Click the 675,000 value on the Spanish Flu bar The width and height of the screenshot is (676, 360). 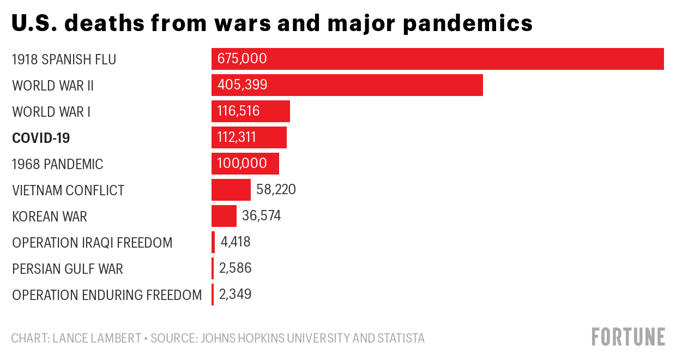pyautogui.click(x=242, y=59)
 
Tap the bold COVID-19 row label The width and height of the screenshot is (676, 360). pyautogui.click(x=41, y=138)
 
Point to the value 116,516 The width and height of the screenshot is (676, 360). pyautogui.click(x=239, y=111)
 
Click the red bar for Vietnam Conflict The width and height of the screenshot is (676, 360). pyautogui.click(x=231, y=190)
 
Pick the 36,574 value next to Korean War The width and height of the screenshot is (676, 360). pyautogui.click(x=262, y=216)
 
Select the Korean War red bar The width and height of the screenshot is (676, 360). pyautogui.click(x=224, y=216)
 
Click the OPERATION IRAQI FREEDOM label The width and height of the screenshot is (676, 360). pyautogui.click(x=92, y=243)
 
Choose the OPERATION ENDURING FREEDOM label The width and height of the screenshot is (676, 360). pyautogui.click(x=107, y=295)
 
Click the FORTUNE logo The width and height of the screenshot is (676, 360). pyautogui.click(x=628, y=337)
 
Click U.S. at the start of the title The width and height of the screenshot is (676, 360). pyautogui.click(x=33, y=23)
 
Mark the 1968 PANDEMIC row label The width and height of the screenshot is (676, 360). pyautogui.click(x=58, y=164)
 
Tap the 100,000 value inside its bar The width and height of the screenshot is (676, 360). pyautogui.click(x=242, y=164)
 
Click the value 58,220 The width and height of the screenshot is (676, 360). pyautogui.click(x=276, y=190)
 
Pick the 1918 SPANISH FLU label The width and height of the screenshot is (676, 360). pyautogui.click(x=64, y=59)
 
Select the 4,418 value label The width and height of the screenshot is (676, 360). pyautogui.click(x=236, y=242)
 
